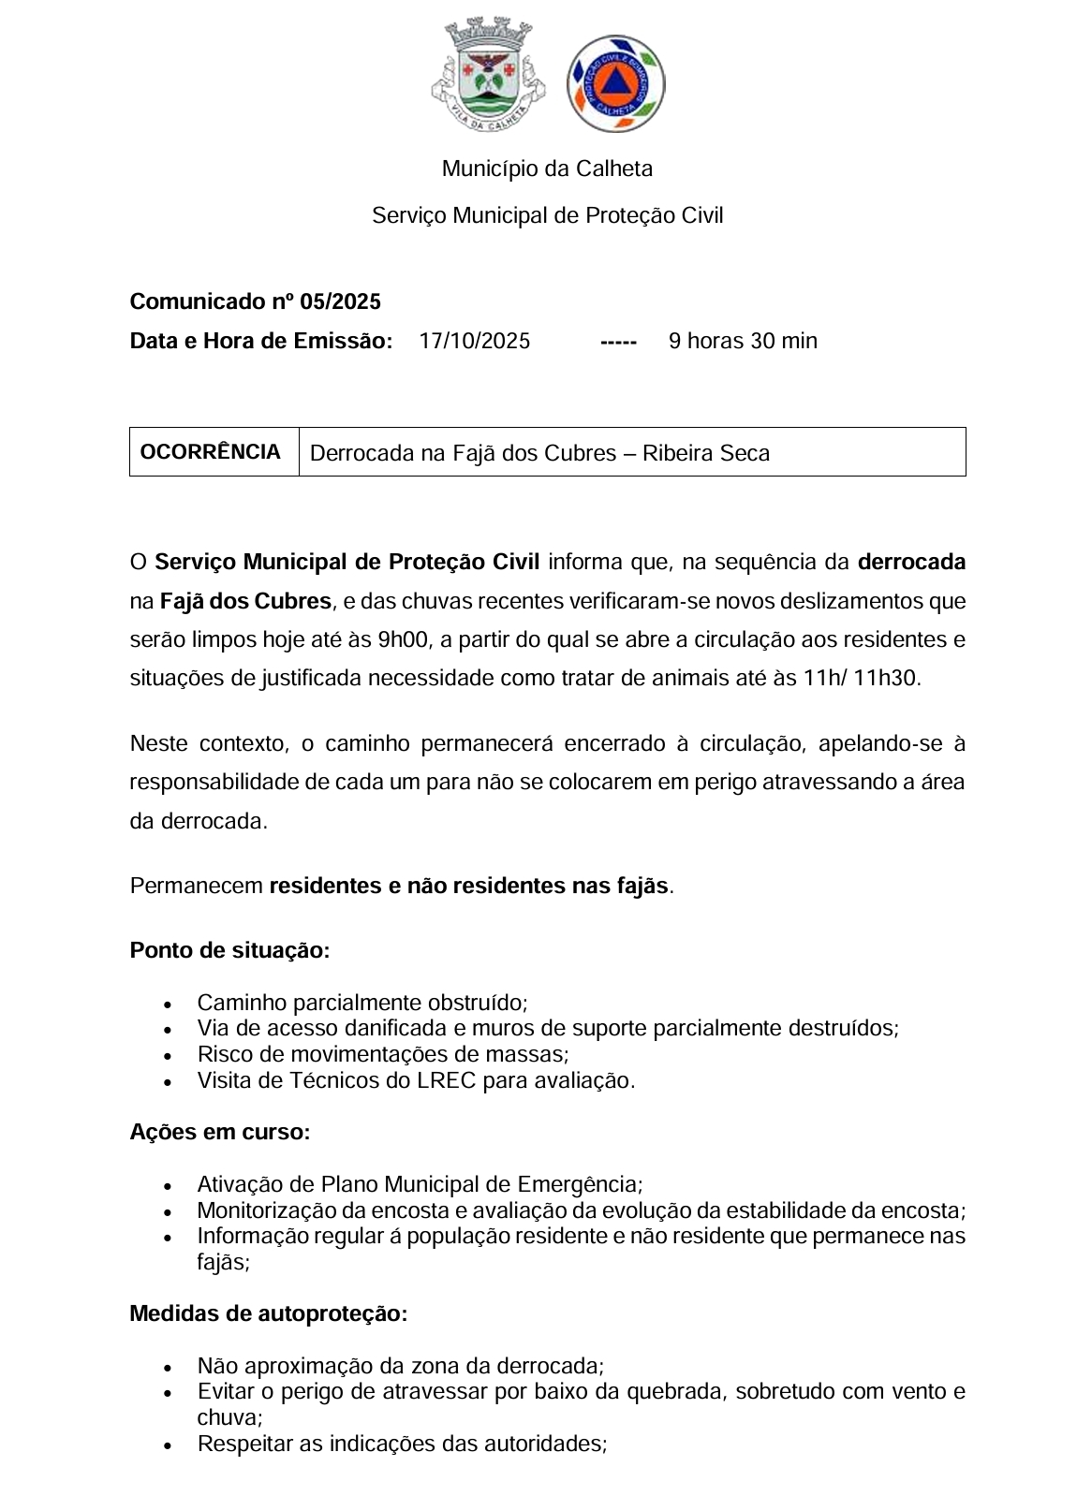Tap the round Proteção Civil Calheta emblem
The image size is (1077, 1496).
(615, 83)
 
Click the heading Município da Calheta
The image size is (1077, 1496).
(547, 169)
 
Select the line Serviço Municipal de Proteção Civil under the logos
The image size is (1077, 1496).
(547, 215)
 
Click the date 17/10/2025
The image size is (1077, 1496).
(474, 341)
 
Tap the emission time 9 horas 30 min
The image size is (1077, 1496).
(743, 341)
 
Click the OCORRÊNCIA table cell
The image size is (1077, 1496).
(211, 452)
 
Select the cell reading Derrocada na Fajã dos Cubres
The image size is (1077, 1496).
(539, 453)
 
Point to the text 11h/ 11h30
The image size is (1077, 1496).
(861, 678)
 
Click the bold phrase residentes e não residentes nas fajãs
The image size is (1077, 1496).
(468, 886)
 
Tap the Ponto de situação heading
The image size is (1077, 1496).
(229, 950)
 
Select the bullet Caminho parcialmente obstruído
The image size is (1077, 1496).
(362, 1003)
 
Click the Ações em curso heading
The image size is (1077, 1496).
(220, 1132)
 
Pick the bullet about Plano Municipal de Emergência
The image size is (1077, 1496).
(420, 1184)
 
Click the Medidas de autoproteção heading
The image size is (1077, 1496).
(269, 1313)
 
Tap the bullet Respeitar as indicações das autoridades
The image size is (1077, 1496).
(402, 1444)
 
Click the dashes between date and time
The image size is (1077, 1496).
(618, 342)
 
